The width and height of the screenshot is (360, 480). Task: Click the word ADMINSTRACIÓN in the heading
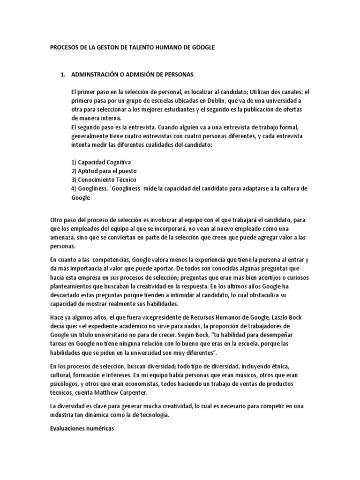coord(97,74)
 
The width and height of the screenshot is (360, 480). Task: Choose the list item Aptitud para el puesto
coord(104,171)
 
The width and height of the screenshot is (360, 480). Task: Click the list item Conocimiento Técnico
coord(105,180)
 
